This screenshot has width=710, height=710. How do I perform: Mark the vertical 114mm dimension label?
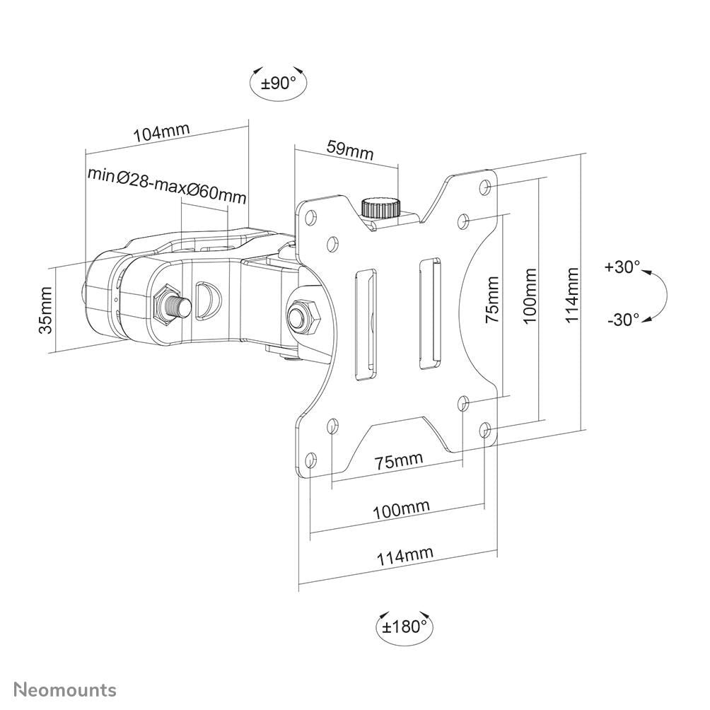pos(573,295)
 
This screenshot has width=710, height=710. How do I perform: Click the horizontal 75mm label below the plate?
pos(399,461)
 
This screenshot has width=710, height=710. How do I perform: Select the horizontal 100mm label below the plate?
pos(401,508)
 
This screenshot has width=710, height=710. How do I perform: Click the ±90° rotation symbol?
pos(278,83)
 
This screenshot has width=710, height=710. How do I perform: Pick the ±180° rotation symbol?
pos(405,626)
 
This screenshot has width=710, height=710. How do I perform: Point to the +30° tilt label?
pos(622,267)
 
